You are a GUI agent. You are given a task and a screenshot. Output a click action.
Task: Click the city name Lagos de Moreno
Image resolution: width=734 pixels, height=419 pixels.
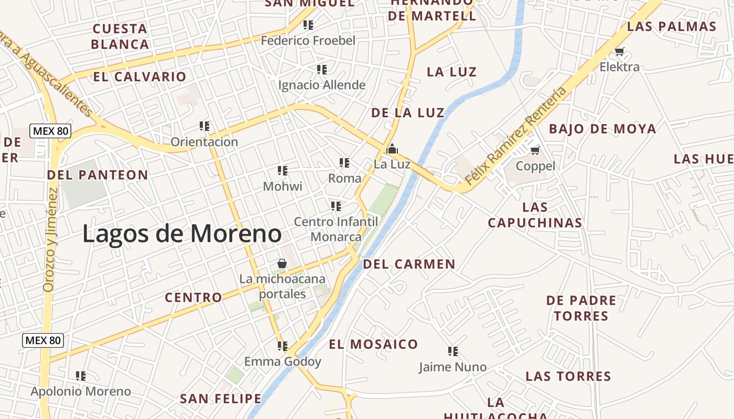tap(182, 234)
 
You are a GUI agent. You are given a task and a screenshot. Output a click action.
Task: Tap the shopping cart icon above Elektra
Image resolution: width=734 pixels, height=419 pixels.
tap(620, 51)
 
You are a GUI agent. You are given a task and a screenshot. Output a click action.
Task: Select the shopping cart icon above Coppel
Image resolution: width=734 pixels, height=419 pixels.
tap(535, 151)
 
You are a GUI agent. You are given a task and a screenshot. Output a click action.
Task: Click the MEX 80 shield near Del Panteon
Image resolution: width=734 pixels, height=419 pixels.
tap(50, 131)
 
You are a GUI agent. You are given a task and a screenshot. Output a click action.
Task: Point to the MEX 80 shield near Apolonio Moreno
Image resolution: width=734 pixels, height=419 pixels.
tap(43, 340)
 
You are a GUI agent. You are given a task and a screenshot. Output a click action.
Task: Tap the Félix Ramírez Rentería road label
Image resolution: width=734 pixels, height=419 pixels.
tap(516, 136)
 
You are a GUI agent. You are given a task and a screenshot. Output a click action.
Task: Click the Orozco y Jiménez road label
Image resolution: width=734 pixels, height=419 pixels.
tap(50, 239)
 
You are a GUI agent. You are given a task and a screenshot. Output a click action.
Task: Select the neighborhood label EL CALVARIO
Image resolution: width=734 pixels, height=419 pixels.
tap(139, 76)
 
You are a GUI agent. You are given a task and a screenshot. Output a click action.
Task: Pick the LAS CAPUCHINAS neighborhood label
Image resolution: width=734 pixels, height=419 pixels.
tap(535, 215)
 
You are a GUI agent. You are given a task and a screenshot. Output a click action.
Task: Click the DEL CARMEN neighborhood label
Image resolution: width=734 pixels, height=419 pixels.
tap(409, 264)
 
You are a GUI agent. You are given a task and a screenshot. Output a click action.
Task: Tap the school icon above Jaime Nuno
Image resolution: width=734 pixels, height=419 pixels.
tap(453, 351)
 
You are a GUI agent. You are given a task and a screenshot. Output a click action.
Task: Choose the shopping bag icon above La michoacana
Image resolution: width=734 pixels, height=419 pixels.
tap(282, 263)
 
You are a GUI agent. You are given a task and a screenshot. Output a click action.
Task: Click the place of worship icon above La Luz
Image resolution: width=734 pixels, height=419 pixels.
tap(392, 149)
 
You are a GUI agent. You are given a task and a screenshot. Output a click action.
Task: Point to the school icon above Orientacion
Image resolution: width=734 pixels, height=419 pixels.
tap(204, 126)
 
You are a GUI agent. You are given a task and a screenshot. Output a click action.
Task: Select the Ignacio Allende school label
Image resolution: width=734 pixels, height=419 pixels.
tap(321, 85)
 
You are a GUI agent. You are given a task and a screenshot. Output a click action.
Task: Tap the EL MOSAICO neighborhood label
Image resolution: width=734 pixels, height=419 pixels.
tap(373, 344)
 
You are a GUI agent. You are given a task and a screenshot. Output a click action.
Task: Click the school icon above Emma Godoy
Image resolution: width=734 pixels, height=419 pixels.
tap(283, 346)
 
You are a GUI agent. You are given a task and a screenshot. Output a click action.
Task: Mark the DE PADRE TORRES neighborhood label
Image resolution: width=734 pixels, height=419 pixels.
tap(581, 308)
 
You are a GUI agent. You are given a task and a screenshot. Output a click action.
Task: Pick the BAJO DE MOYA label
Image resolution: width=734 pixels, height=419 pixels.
tap(602, 128)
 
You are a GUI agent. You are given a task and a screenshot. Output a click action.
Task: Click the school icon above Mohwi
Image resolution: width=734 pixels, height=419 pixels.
tap(283, 170)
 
